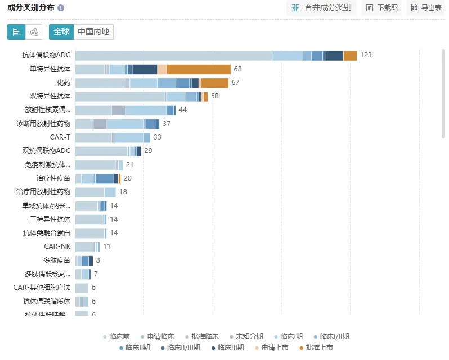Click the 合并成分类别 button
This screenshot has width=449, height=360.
(322, 8)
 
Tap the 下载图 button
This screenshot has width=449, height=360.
(382, 8)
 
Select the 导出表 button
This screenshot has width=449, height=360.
(426, 8)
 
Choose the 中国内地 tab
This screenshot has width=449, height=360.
(93, 32)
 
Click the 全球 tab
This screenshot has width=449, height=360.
(61, 32)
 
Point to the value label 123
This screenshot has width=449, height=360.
(366, 55)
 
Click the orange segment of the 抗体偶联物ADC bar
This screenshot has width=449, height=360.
(350, 55)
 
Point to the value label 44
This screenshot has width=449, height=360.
(182, 110)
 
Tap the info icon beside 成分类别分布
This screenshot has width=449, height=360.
(61, 8)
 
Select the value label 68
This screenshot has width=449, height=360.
(238, 69)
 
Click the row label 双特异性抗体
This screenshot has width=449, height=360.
(50, 96)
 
